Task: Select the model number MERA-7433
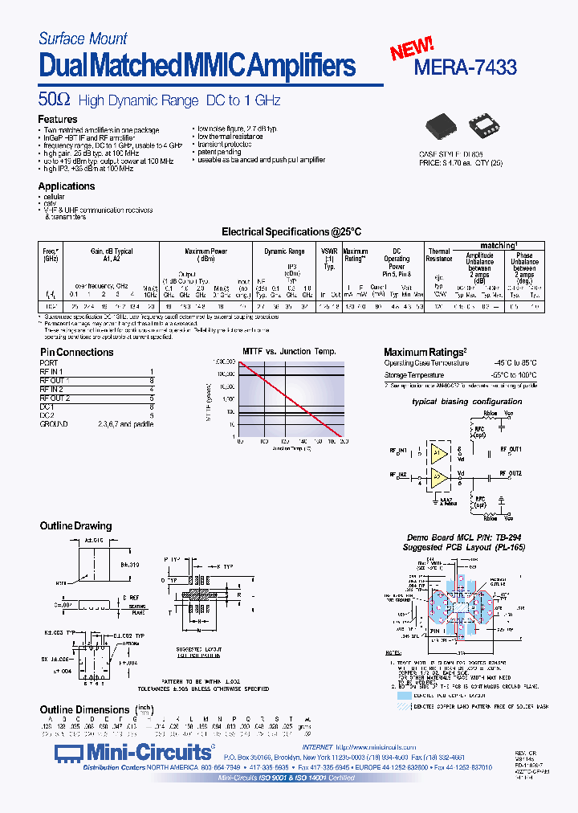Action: [x=465, y=68]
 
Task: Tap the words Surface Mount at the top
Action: [x=83, y=39]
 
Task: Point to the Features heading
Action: [x=59, y=119]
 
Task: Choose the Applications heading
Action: [x=67, y=186]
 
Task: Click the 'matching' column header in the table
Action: [x=499, y=245]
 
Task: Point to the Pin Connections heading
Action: [x=77, y=352]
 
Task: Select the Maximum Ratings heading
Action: [x=425, y=352]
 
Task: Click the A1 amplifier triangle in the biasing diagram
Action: [x=438, y=452]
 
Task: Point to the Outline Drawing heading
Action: [x=76, y=526]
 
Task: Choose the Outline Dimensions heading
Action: [x=84, y=709]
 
